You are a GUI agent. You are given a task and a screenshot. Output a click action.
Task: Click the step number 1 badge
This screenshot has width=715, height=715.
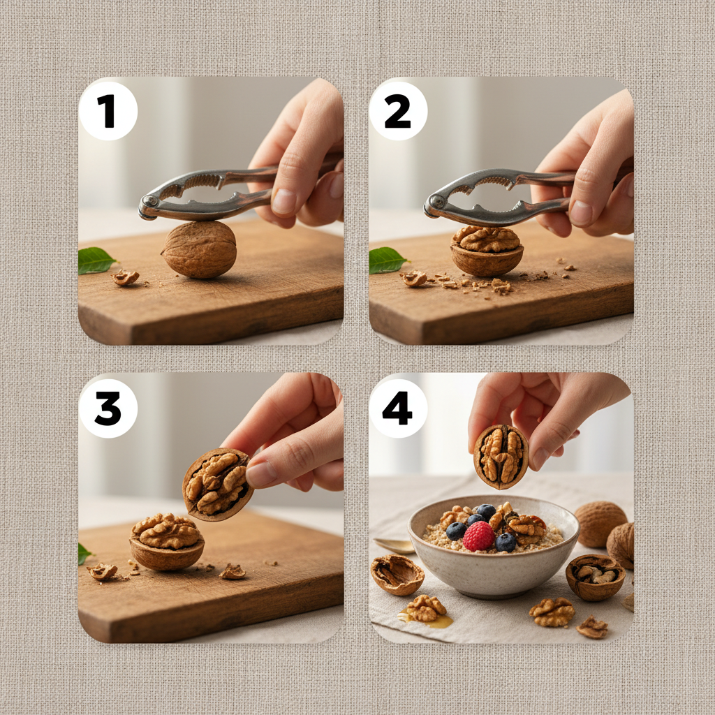108,111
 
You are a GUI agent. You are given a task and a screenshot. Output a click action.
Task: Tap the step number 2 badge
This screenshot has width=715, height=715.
398,111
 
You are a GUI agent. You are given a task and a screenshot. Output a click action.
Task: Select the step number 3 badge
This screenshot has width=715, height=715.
108,408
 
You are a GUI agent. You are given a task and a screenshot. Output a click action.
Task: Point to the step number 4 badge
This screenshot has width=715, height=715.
398,408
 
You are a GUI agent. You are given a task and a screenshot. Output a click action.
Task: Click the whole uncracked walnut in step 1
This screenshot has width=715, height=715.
200,249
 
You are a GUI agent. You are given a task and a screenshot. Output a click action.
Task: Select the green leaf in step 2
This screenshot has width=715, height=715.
386,260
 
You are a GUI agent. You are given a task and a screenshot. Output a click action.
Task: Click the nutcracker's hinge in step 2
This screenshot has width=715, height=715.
435,204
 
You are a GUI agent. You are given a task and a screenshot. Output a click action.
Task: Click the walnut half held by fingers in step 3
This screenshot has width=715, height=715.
217,483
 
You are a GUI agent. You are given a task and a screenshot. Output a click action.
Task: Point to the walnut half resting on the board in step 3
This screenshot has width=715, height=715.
167,542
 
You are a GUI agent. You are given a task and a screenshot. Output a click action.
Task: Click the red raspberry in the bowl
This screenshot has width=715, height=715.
479,536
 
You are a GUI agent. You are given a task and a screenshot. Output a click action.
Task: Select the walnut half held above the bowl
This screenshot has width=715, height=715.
501,456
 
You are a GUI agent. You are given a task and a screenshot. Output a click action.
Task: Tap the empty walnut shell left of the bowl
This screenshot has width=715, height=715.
397,574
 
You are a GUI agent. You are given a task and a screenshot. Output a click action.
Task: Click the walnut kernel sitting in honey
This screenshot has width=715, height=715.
425,608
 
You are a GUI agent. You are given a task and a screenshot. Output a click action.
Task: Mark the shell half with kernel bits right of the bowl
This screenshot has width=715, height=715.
595,577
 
